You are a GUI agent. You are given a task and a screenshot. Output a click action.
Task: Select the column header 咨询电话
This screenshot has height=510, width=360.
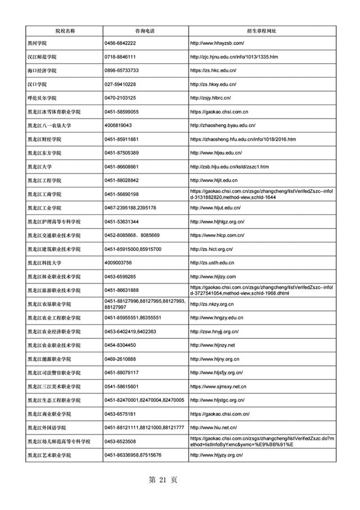[145, 30]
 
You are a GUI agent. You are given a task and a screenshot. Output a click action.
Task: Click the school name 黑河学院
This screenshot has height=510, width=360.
[37, 43]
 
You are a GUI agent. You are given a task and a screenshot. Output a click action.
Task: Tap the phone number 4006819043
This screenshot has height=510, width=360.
[118, 125]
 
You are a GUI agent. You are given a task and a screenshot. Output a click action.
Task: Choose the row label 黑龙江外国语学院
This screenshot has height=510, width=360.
[47, 427]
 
